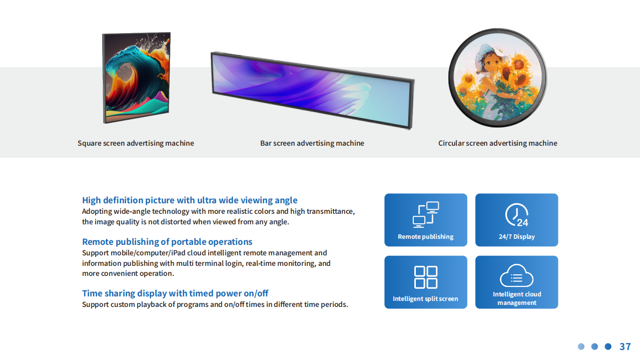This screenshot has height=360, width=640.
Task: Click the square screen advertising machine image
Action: [136, 78]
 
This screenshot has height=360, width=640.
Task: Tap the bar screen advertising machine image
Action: [313, 90]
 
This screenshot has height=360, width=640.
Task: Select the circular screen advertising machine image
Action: [497, 78]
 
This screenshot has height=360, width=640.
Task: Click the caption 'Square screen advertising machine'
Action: [136, 143]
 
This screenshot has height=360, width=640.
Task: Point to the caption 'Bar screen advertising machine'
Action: [312, 143]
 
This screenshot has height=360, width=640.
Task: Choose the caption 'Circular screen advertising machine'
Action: [498, 143]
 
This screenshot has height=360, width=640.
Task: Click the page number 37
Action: [625, 346]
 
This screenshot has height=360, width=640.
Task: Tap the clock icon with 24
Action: [516, 215]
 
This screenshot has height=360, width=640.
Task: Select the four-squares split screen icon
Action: [426, 277]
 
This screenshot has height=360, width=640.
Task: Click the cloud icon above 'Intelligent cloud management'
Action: [516, 275]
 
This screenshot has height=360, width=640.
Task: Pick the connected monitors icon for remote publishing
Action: [426, 214]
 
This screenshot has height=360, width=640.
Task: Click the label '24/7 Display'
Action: [516, 236]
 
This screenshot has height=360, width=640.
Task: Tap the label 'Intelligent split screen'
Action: [425, 298]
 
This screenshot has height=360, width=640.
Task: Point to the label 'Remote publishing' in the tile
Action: [426, 236]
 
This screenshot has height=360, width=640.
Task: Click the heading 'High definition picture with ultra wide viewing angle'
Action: [190, 200]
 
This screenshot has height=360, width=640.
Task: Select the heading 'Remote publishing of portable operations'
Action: [167, 242]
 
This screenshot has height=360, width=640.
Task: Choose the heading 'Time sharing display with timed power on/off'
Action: [175, 293]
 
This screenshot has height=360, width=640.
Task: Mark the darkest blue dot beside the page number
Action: [608, 346]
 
